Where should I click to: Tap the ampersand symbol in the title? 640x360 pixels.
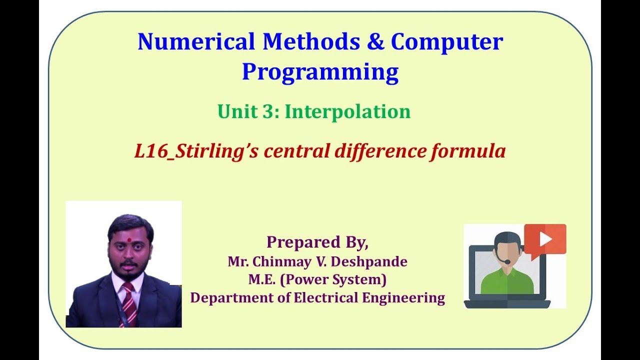pyautogui.click(x=375, y=41)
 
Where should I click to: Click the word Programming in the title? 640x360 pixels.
pyautogui.click(x=320, y=71)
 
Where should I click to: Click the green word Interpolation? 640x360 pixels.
pyautogui.click(x=347, y=111)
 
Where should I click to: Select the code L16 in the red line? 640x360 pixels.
pyautogui.click(x=149, y=151)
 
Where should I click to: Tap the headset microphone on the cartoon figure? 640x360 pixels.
pyautogui.click(x=508, y=261)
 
